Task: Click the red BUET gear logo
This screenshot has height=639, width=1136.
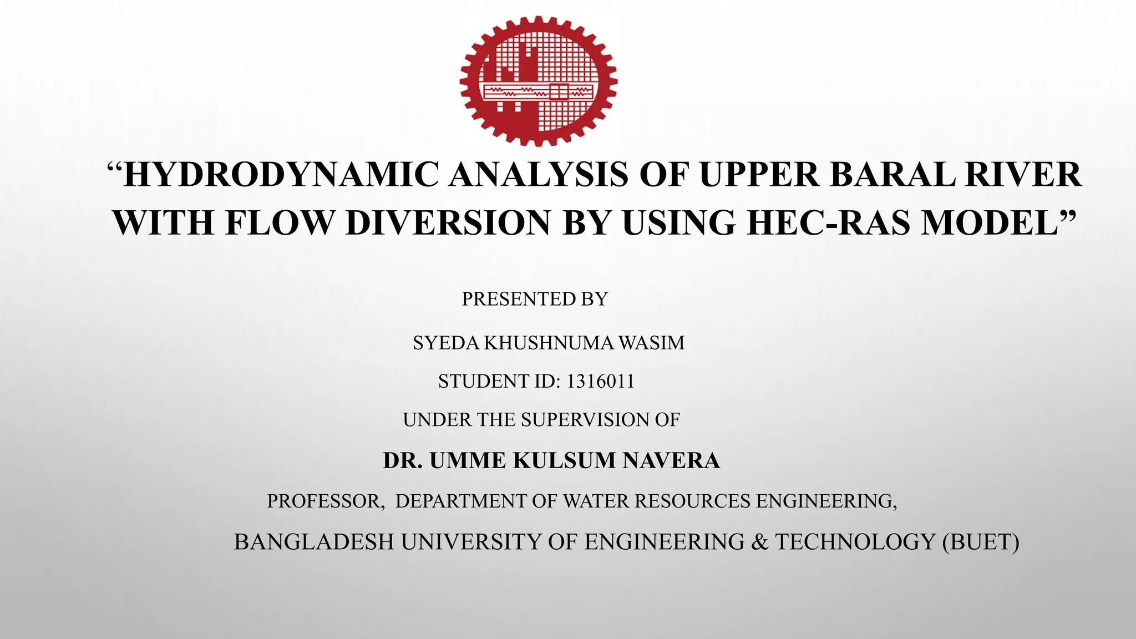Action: point(538,81)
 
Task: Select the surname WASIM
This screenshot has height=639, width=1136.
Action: point(652,343)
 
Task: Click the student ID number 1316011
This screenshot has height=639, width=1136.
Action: point(600,382)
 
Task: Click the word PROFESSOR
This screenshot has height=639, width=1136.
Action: point(325,501)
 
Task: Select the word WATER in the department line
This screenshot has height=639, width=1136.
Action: point(596,501)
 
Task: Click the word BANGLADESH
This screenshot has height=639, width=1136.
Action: point(314,542)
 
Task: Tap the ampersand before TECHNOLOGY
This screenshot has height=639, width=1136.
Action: point(759,542)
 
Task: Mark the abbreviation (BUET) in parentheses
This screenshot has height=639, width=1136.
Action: point(981,542)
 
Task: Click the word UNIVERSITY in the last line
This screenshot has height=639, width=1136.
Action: point(471,542)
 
